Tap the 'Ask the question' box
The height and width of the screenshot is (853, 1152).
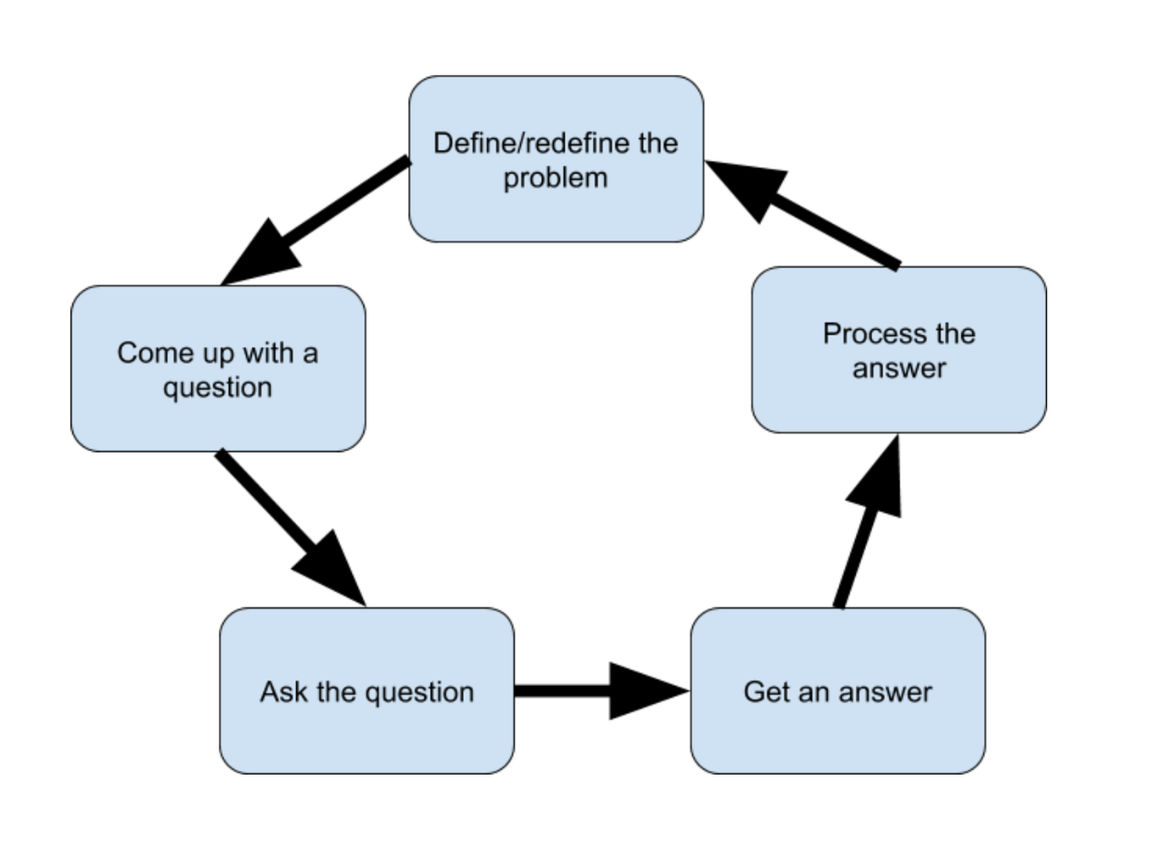point(366,729)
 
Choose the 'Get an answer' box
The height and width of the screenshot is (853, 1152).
point(837,729)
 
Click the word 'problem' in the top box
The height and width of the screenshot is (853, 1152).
point(556,178)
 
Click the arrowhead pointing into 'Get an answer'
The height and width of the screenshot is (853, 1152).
point(645,691)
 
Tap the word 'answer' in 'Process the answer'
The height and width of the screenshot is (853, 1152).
point(898,369)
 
